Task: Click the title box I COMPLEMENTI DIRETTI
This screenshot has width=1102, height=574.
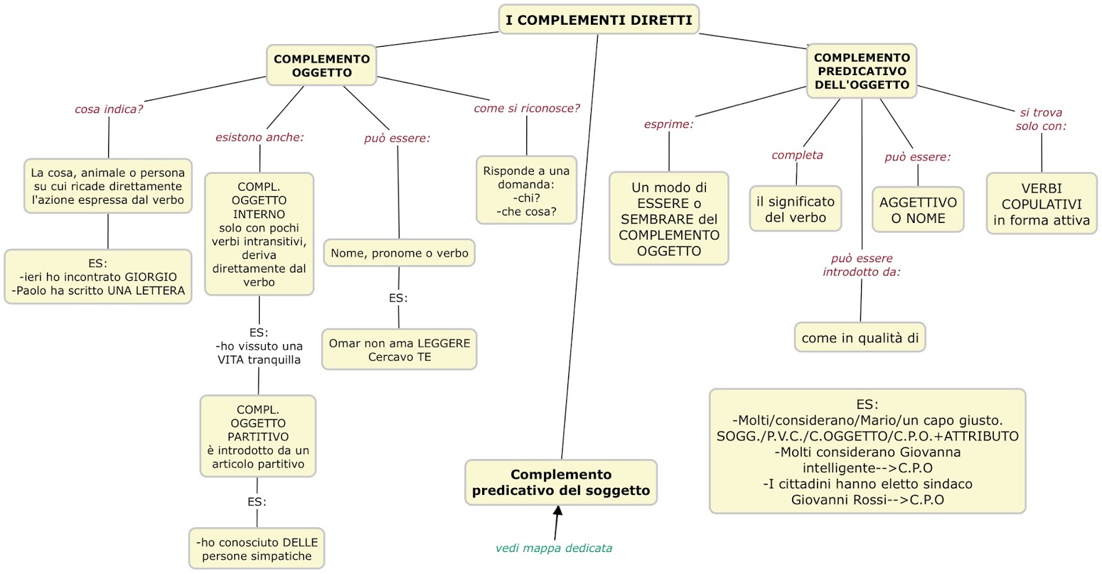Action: [x=598, y=20]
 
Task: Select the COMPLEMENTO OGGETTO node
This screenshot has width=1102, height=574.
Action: [x=322, y=66]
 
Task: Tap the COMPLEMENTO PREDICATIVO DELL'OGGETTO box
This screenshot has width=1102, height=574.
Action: [x=862, y=71]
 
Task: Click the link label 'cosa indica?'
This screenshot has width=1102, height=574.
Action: [x=109, y=109]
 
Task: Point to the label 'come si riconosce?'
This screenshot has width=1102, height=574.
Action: [x=527, y=108]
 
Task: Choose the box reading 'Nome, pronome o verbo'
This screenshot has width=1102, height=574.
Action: [x=399, y=253]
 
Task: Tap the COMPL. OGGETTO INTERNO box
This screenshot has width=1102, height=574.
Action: [x=259, y=234]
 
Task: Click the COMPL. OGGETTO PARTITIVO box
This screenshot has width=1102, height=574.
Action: [x=258, y=436]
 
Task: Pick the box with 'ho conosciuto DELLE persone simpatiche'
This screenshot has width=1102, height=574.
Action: [x=257, y=549]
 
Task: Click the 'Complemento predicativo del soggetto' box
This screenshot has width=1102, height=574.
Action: [x=561, y=482]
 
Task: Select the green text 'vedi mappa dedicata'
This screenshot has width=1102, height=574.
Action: [x=554, y=549]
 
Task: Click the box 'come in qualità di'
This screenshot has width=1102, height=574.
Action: [x=860, y=338]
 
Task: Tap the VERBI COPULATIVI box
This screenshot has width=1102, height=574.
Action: [x=1041, y=204]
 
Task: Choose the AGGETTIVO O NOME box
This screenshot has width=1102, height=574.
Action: [x=917, y=210]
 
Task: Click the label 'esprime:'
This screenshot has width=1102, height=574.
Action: [x=669, y=125]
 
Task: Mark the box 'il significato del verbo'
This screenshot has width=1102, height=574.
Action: [x=795, y=209]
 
